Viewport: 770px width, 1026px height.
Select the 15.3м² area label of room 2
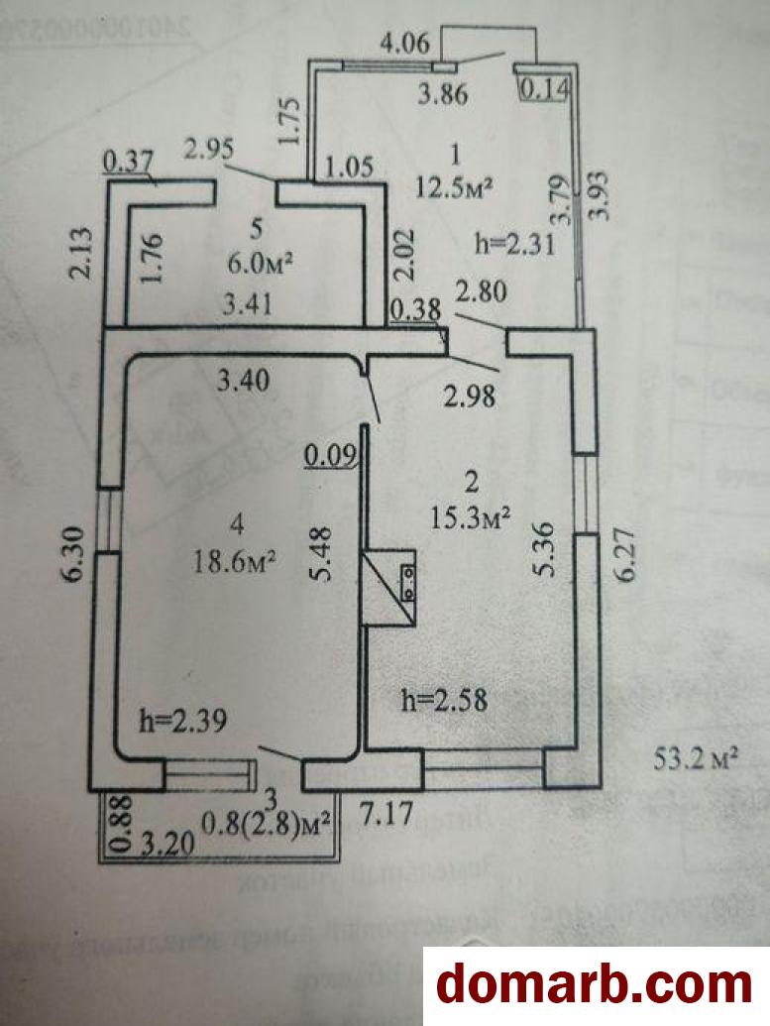click(x=471, y=515)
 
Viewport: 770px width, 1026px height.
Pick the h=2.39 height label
click(x=184, y=721)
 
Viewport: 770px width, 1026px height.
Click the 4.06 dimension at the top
click(x=404, y=43)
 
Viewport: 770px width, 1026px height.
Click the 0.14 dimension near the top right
click(x=545, y=89)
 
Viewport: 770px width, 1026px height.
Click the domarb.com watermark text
click(x=595, y=985)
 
